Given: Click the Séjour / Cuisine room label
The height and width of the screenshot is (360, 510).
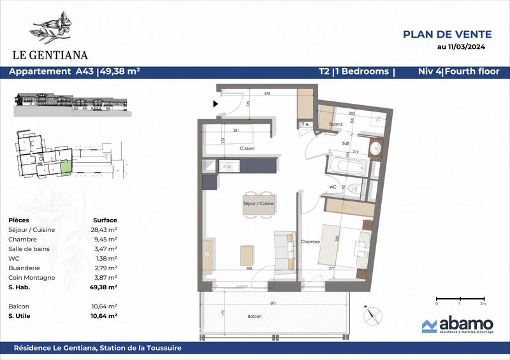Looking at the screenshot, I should pyautogui.click(x=258, y=203).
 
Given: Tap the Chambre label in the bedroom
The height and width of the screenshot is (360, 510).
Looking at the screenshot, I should pyautogui.click(x=310, y=241).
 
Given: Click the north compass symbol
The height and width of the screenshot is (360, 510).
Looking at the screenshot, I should pyautogui.click(x=373, y=314).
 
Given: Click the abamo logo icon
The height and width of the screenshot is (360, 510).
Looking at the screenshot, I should pyautogui.click(x=430, y=326).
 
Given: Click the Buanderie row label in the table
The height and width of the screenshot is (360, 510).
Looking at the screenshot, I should pyautogui.click(x=26, y=268).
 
